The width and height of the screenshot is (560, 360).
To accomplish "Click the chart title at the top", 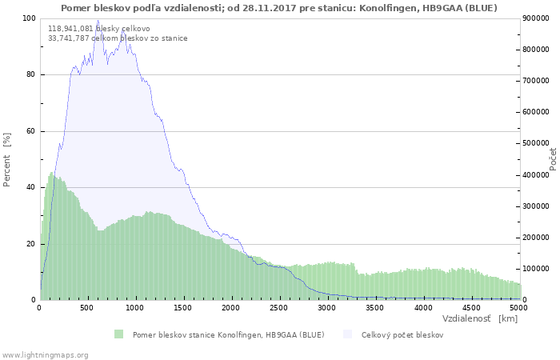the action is coord(279,8).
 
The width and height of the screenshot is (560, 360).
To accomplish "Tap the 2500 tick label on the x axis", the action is coord(278,308).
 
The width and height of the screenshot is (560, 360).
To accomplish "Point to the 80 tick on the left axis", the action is coord(30,74).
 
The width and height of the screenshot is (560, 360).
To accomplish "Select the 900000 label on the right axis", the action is coord(536,18).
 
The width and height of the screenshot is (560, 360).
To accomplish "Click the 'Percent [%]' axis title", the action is coord(6,160).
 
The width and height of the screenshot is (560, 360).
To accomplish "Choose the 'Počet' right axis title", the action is coord(553,159).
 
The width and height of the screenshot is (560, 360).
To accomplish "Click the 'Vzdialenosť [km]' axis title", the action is coord(480,318).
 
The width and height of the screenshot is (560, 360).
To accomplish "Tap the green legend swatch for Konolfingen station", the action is coord(118,334).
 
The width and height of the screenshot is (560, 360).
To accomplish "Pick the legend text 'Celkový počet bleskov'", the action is coord(402,335).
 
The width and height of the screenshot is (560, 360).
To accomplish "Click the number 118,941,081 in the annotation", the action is coord(70,29).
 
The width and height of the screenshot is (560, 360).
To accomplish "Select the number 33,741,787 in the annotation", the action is coord(69,38).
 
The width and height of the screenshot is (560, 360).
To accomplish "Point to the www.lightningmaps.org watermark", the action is coord(46,355).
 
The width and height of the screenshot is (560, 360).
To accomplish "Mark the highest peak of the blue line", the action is coord(98,20).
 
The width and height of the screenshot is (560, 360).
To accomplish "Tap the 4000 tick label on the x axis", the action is coord(423,308).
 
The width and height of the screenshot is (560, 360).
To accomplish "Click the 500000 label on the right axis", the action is coord(536,143).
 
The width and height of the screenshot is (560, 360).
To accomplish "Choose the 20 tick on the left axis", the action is coord(30,244).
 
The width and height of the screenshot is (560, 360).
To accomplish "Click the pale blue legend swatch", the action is coord(347,334).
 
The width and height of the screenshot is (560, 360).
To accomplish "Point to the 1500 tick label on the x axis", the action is coord(183,308).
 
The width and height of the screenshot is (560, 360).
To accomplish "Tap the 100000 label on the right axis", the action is coord(536,269).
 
